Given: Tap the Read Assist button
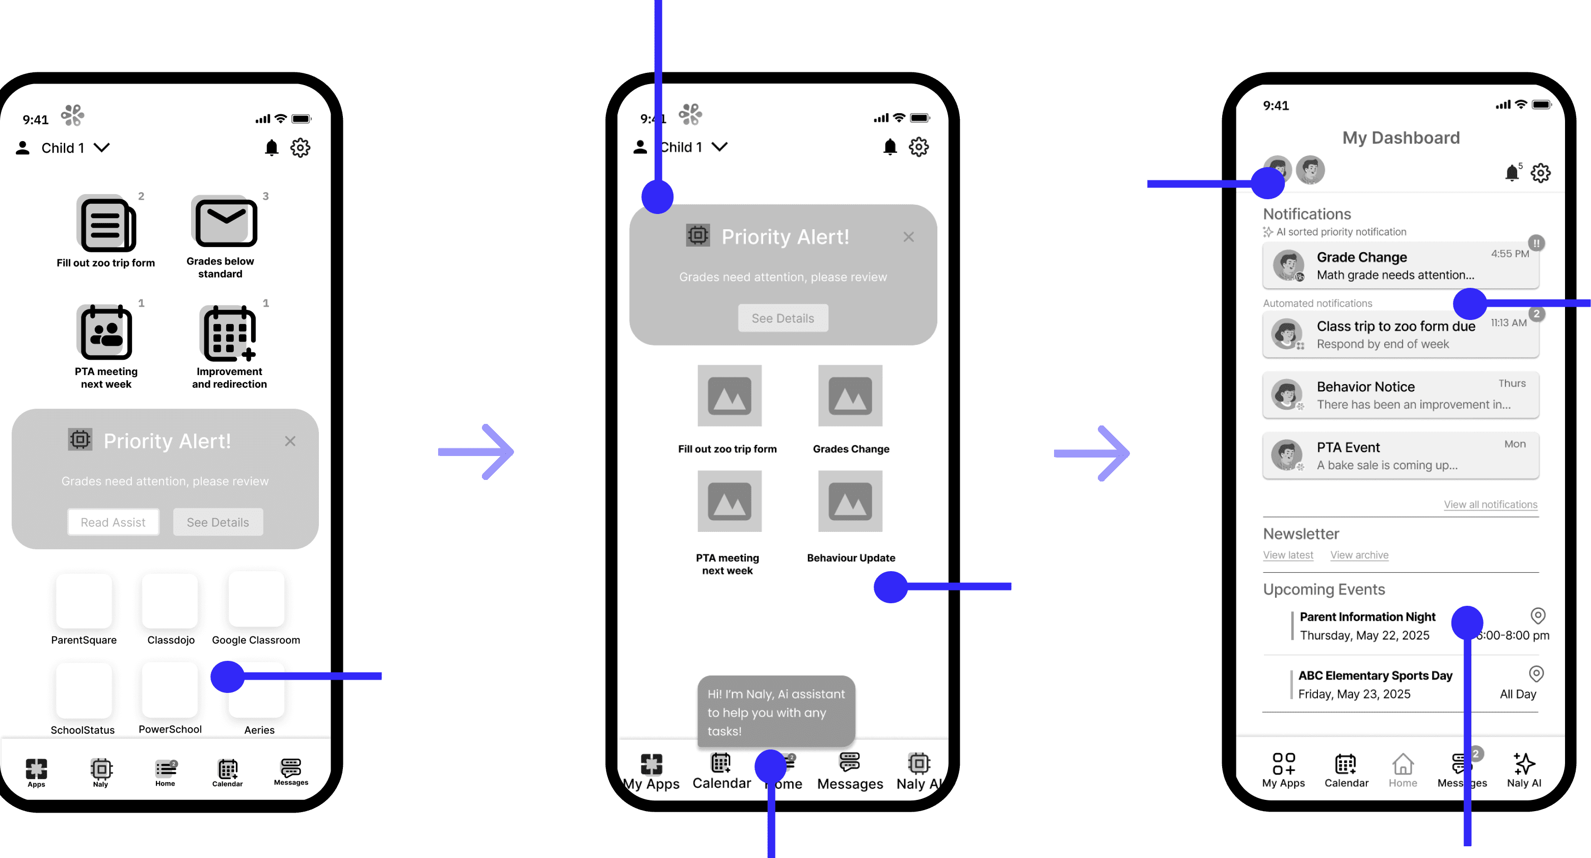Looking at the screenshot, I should (x=113, y=522).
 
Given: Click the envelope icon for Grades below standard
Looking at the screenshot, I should (x=226, y=222).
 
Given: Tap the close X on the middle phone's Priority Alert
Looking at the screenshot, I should (x=908, y=236).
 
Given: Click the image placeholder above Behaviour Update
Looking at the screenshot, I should (x=850, y=501).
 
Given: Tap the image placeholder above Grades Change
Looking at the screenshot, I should (x=850, y=395).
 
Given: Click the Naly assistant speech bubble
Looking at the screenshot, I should (x=776, y=712).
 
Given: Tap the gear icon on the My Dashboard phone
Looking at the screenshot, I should (x=1541, y=173).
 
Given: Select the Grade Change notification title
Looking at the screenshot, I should (x=1362, y=257).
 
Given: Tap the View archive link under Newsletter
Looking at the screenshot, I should (x=1359, y=555).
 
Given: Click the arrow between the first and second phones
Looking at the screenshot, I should (x=476, y=451).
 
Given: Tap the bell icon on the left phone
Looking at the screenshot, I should (x=272, y=148).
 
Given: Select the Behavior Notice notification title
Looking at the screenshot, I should (x=1365, y=387).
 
